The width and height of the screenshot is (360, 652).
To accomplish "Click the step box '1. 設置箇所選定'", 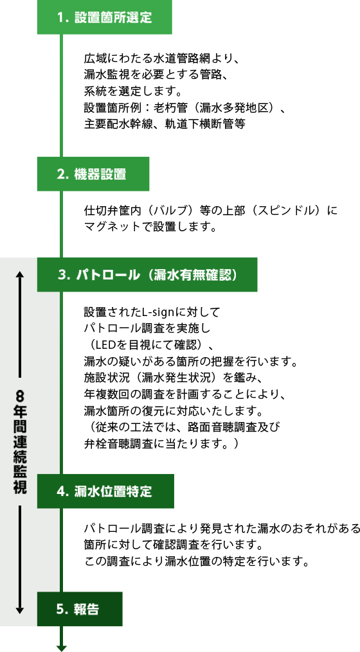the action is (104, 17).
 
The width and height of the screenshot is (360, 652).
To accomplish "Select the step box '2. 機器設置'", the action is (93, 174).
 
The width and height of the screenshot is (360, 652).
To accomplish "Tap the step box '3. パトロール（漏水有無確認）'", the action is (147, 274).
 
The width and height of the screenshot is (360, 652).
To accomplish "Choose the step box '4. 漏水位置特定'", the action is (105, 491).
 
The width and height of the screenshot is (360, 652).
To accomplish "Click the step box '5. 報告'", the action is (80, 609).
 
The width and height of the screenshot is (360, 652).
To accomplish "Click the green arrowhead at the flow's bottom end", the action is (62, 648).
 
